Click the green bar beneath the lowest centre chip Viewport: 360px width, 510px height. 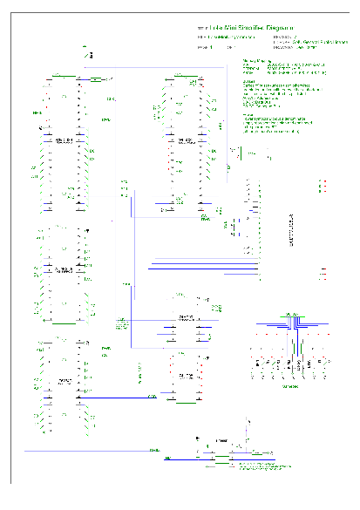click(x=186, y=403)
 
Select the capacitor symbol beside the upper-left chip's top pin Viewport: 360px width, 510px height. click(x=95, y=79)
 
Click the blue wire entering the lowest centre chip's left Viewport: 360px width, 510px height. click(x=131, y=398)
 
